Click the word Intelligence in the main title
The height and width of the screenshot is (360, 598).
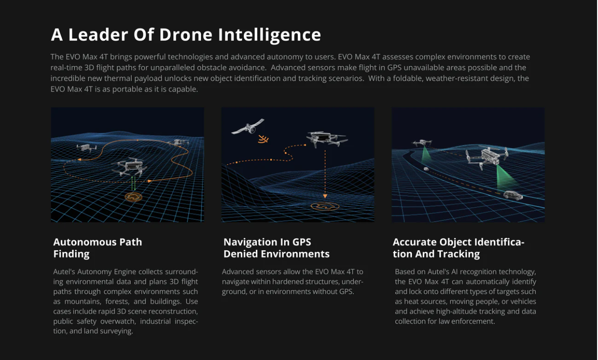click(x=269, y=35)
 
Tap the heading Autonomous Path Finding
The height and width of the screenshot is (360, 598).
click(x=97, y=248)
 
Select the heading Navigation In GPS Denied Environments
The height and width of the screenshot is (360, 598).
click(x=276, y=248)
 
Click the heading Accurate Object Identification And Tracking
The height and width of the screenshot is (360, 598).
click(x=458, y=248)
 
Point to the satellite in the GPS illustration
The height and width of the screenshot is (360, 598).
click(x=248, y=127)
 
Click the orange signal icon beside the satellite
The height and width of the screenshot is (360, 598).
click(x=263, y=139)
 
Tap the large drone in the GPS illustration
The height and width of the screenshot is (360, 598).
click(x=326, y=138)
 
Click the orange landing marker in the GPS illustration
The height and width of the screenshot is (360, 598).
click(x=325, y=206)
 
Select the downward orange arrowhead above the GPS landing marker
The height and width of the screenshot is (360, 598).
click(x=325, y=196)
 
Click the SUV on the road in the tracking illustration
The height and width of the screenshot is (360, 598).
click(x=513, y=195)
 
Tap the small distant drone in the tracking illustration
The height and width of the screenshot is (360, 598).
click(x=422, y=143)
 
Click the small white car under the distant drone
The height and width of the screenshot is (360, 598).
click(x=426, y=169)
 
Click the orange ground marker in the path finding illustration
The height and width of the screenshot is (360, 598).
click(x=134, y=197)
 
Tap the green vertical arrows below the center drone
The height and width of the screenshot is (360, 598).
click(x=133, y=183)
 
